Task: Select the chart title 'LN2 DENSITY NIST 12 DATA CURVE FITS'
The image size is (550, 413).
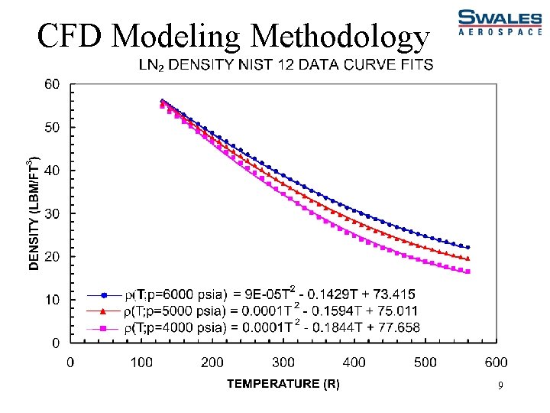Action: (285, 65)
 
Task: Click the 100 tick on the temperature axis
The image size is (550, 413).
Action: (141, 362)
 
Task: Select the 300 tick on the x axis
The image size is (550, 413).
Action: (283, 362)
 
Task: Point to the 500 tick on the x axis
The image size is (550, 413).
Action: (425, 362)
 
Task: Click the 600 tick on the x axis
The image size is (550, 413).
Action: (496, 362)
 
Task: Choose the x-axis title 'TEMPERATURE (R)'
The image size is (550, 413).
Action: (283, 383)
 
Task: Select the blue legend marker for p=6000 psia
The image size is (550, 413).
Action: (105, 294)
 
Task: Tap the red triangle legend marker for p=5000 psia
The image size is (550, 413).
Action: (105, 311)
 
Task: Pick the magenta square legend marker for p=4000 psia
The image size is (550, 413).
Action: (105, 328)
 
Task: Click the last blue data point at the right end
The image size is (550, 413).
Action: (467, 247)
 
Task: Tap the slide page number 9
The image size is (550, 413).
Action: (500, 387)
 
